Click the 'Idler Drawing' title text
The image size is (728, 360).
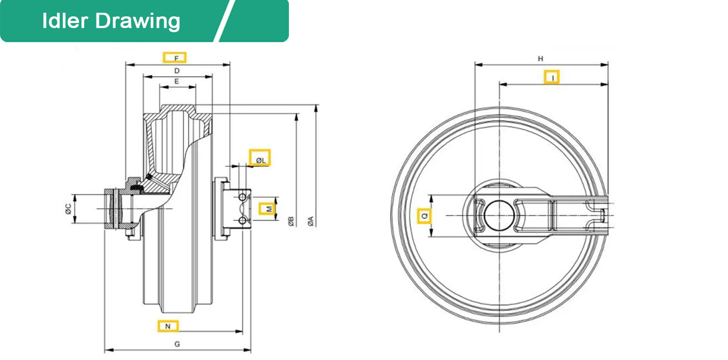[x=111, y=21]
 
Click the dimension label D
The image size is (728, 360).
[x=177, y=71]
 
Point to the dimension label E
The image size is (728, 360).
[x=177, y=81]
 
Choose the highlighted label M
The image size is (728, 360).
[x=268, y=209]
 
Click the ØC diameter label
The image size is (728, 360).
[x=68, y=209]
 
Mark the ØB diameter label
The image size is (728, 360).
[x=291, y=222]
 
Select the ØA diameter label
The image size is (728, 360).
[x=310, y=222]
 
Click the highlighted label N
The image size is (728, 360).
[x=168, y=326]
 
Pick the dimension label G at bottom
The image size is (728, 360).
[x=177, y=344]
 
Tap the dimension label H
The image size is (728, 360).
[x=541, y=58]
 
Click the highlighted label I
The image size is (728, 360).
[x=552, y=77]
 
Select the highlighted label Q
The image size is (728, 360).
[x=424, y=216]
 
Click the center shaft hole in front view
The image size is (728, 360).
[x=499, y=215]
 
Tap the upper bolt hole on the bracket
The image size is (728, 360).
[x=243, y=197]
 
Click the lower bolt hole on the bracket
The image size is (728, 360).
[x=243, y=221]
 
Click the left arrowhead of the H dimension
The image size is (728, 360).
[x=478, y=65]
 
